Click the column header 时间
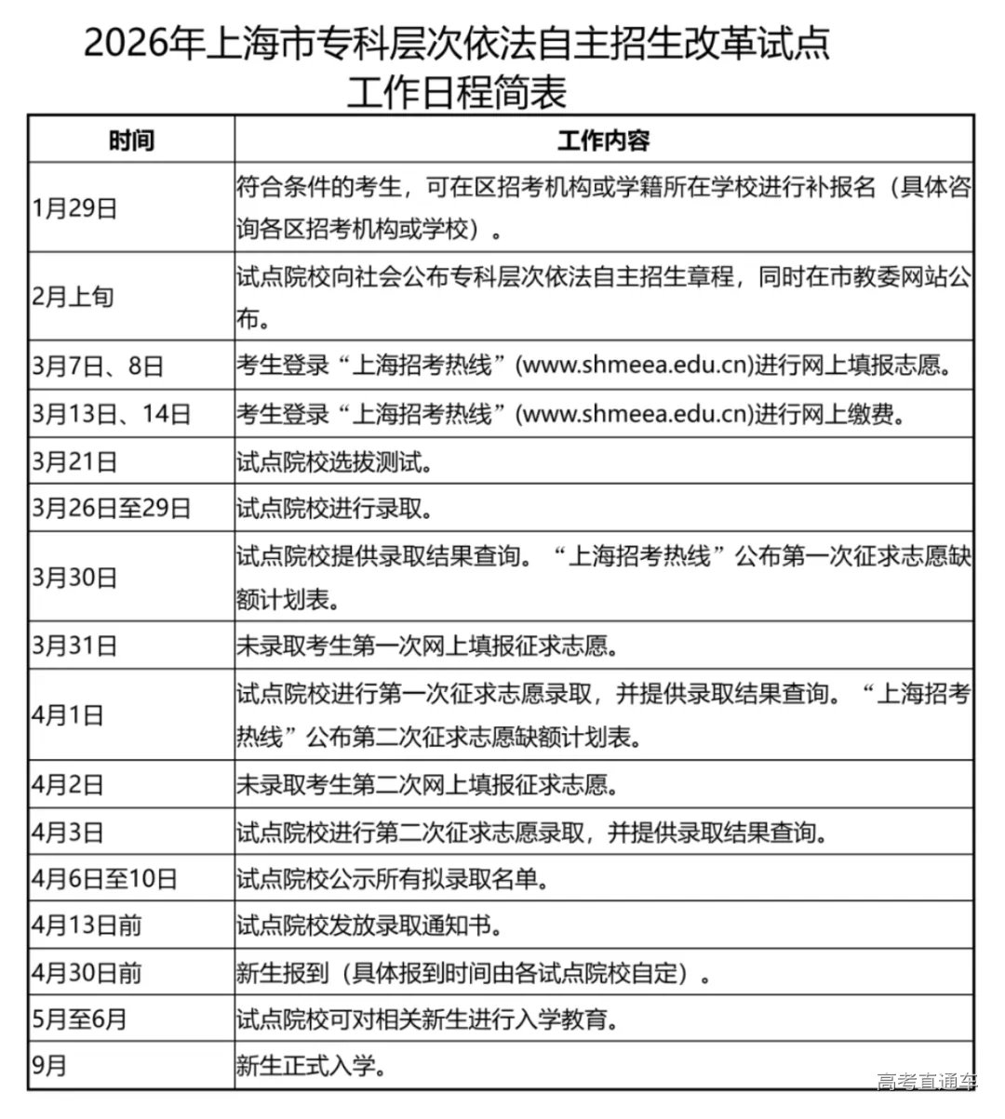(131, 140)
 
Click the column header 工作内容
(603, 140)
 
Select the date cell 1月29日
(75, 207)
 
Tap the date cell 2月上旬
(73, 298)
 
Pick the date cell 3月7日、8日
(98, 366)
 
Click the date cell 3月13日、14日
(111, 413)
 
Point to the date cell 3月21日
(75, 460)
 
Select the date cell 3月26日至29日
(111, 508)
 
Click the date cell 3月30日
(75, 577)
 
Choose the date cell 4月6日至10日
(104, 878)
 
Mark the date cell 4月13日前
(87, 926)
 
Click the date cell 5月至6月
(79, 1019)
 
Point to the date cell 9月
(49, 1065)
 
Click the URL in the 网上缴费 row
(635, 413)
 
